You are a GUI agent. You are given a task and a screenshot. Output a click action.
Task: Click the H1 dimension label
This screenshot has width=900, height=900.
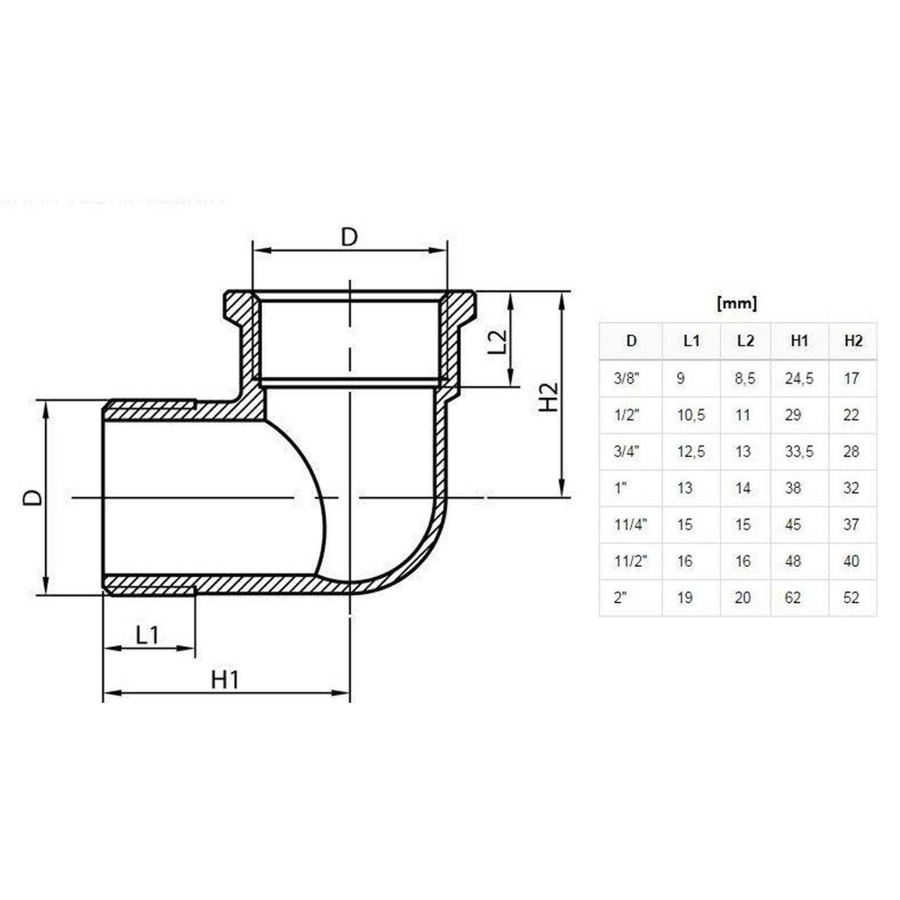point(225,679)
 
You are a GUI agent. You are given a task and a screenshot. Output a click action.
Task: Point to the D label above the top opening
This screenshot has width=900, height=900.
point(349,236)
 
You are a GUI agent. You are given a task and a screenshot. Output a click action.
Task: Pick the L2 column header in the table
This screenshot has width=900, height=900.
point(745,340)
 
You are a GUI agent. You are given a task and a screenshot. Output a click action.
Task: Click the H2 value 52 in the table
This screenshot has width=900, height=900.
point(852,598)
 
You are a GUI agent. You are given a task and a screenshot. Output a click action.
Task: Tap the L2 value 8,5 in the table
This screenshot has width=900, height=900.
point(745,379)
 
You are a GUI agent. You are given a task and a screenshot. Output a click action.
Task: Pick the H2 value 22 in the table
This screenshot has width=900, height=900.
point(852,415)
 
